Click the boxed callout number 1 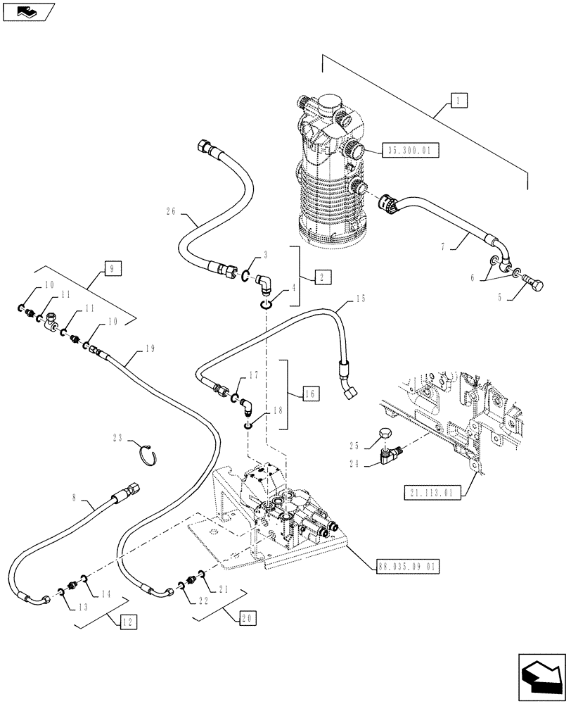point(458,101)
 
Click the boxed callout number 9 point(112,268)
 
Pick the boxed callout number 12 point(128,622)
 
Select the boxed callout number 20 point(247,618)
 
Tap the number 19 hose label point(149,348)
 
